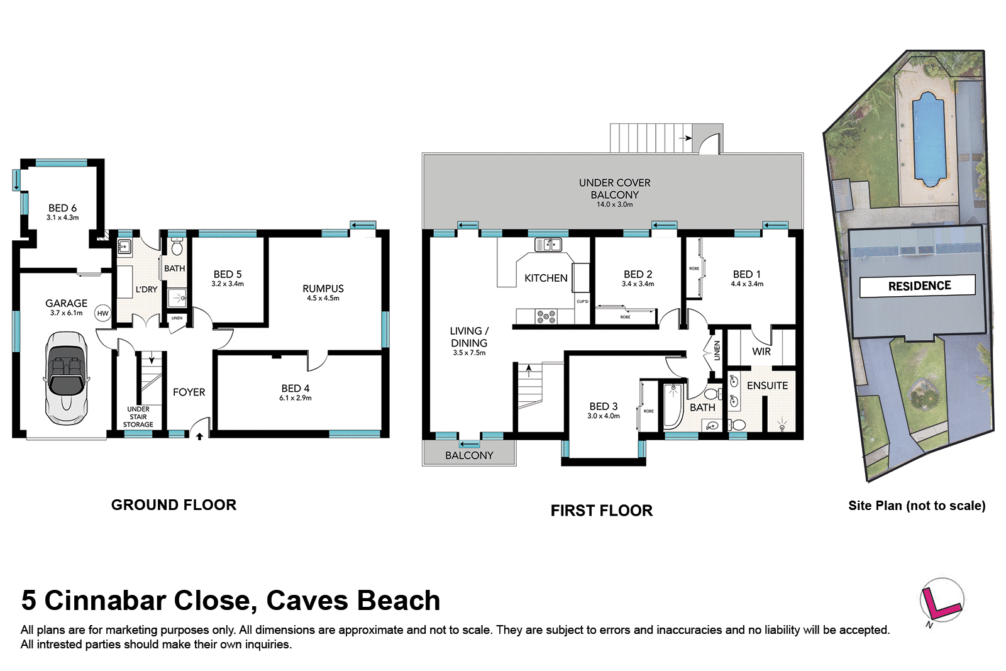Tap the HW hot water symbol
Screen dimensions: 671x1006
click(x=102, y=313)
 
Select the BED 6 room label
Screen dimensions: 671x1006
click(x=62, y=208)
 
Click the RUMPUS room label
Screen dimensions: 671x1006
click(x=323, y=289)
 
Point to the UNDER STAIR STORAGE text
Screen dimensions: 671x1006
click(x=138, y=417)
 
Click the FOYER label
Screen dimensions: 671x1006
click(x=189, y=392)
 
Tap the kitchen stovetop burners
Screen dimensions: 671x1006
click(x=546, y=316)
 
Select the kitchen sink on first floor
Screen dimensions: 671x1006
click(x=548, y=245)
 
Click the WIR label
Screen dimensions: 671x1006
click(x=761, y=352)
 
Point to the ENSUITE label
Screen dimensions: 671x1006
click(x=767, y=385)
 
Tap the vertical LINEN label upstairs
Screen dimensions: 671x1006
click(x=717, y=350)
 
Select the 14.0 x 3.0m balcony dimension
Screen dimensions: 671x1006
click(x=614, y=204)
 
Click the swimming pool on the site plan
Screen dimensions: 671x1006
click(x=928, y=138)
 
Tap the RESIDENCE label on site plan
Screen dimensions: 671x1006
click(x=919, y=286)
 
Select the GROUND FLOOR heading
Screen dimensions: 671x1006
click(x=174, y=505)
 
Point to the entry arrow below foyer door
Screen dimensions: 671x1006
click(x=199, y=436)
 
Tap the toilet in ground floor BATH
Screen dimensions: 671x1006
click(x=177, y=248)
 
